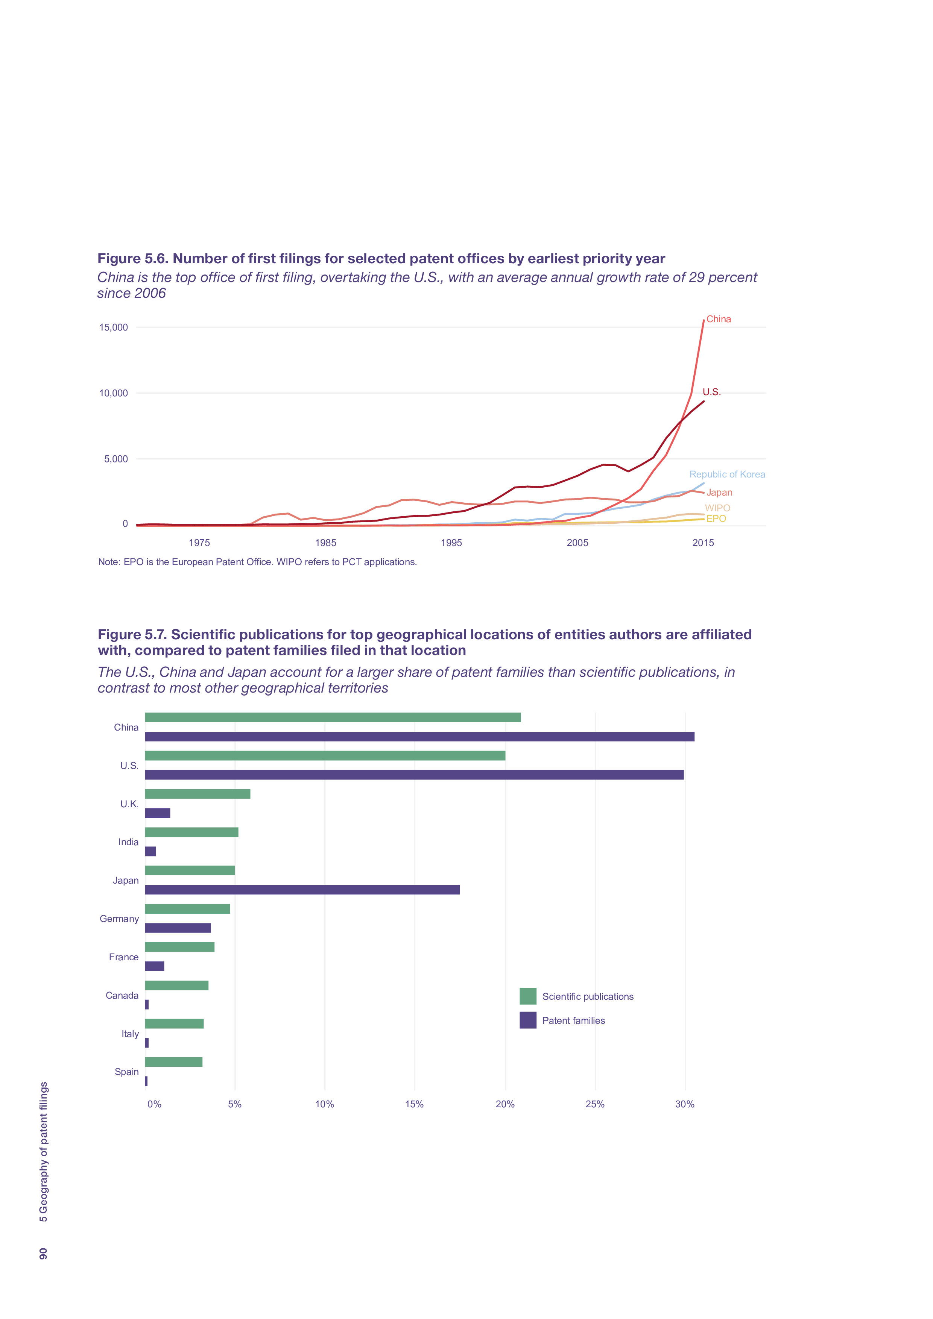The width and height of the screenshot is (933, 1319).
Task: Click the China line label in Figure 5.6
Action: click(718, 319)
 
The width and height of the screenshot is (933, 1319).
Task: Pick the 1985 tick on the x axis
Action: click(325, 543)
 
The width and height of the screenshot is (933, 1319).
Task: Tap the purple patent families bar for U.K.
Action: click(158, 813)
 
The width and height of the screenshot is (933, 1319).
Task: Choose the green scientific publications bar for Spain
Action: click(173, 1062)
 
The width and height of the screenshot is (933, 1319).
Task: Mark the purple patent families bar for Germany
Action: click(178, 928)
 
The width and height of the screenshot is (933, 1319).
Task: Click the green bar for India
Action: click(191, 832)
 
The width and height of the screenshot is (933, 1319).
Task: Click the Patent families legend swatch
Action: click(528, 1020)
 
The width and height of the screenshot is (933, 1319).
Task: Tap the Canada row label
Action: click(122, 996)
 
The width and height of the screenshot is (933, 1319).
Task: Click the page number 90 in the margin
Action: click(43, 1254)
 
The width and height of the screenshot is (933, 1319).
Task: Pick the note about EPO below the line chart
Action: click(257, 562)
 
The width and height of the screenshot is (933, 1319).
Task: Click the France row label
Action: click(124, 957)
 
